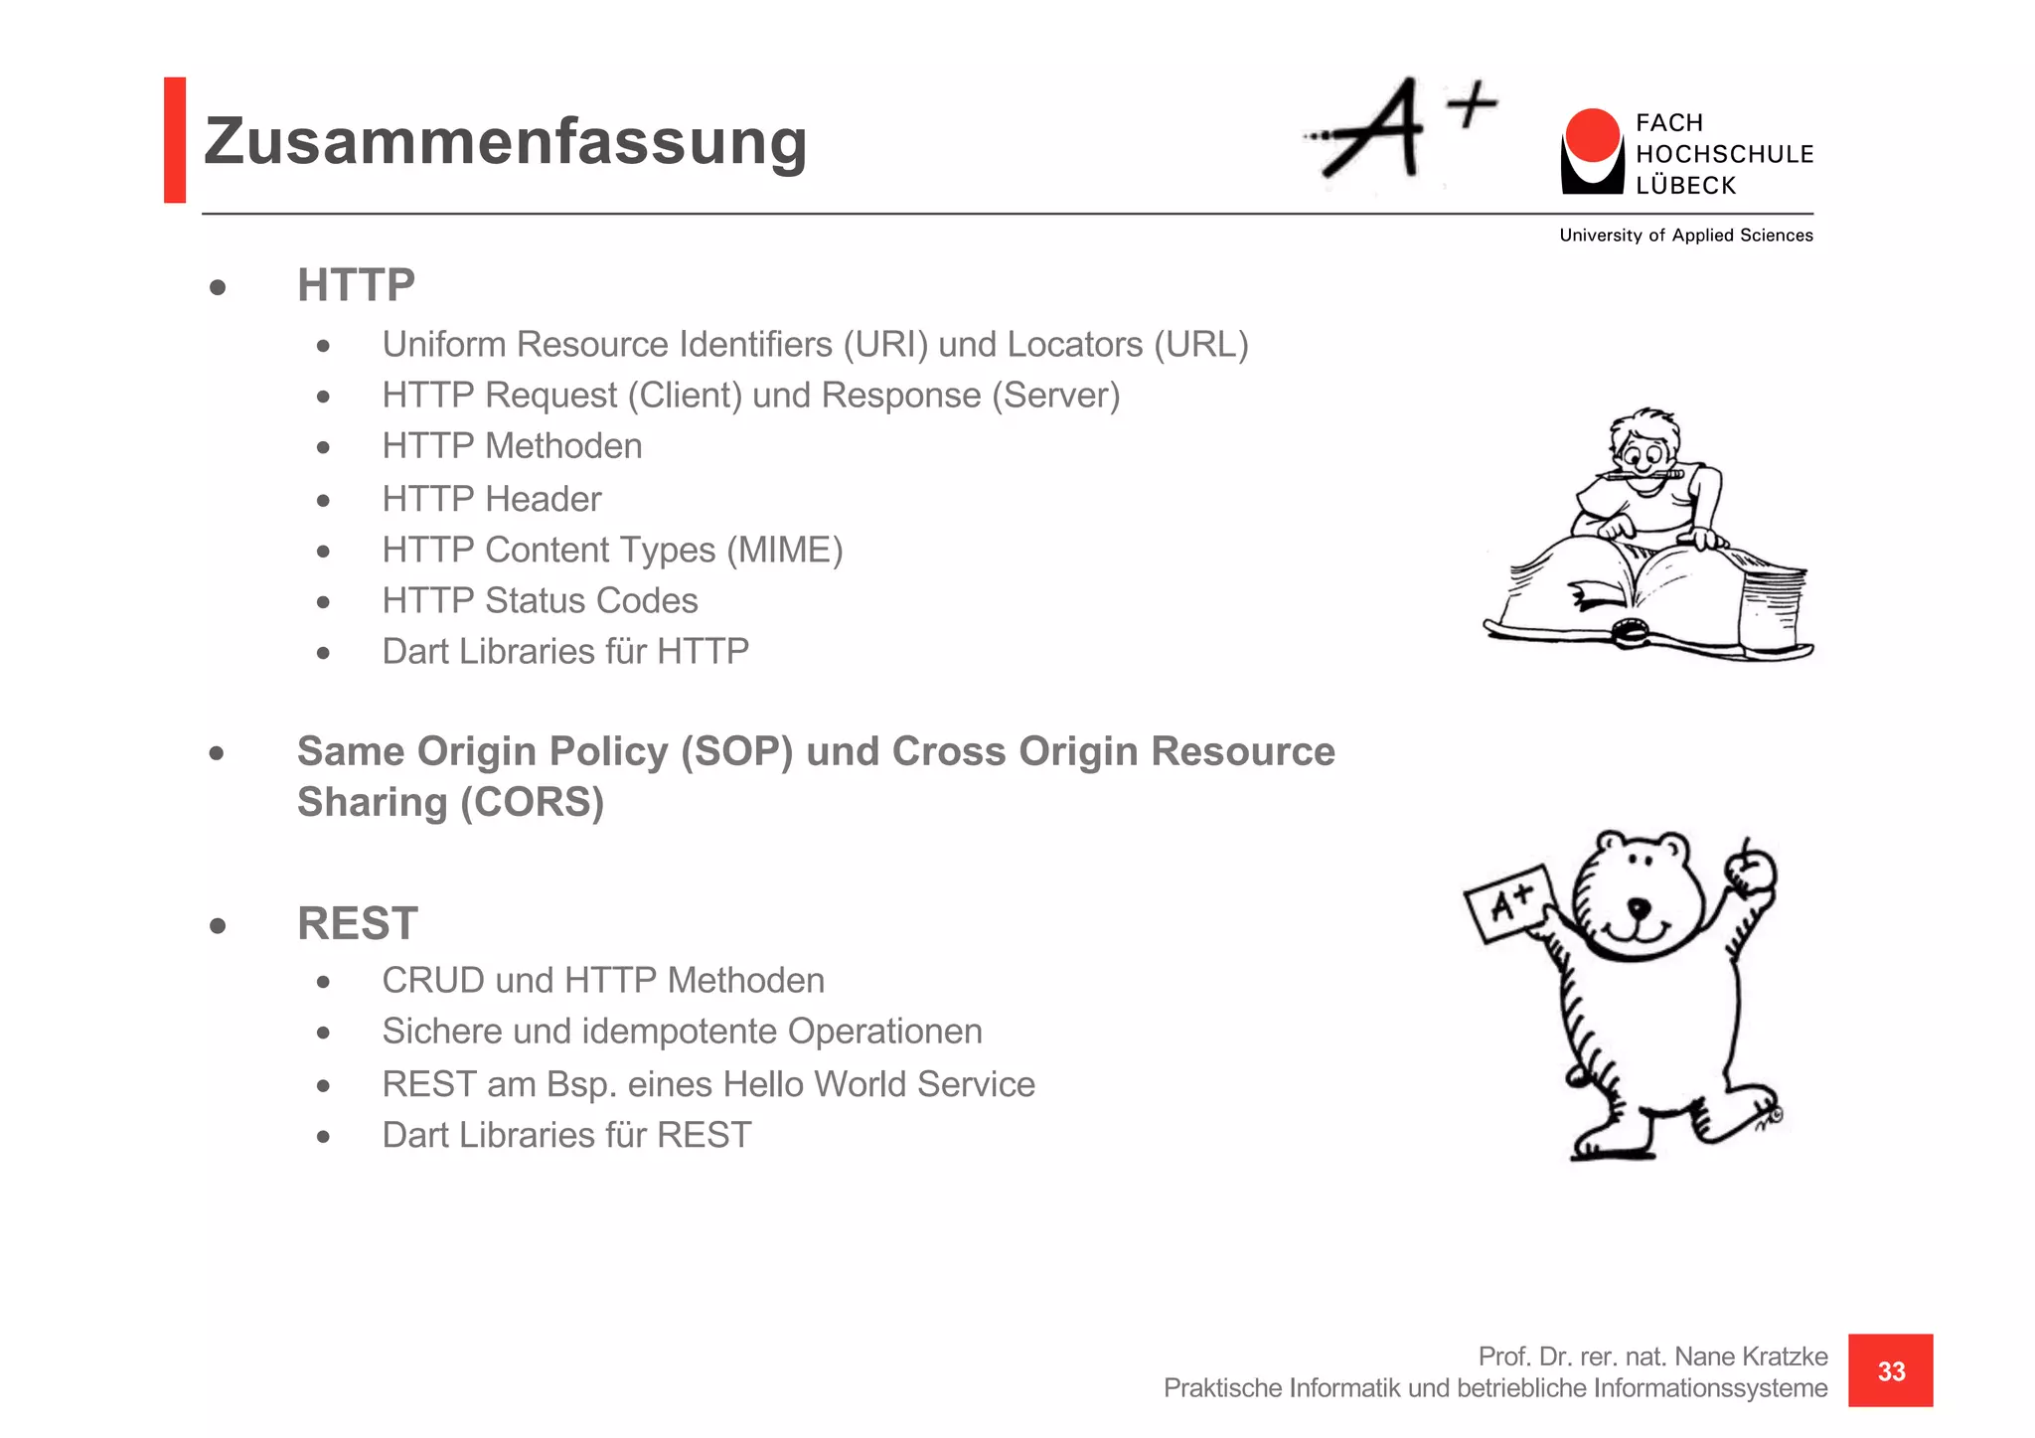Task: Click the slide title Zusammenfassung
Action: [x=505, y=141]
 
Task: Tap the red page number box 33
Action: [x=1890, y=1370]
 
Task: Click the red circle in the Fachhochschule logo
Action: [x=1592, y=135]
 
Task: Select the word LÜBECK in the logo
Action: [x=1685, y=186]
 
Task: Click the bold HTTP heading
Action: [x=356, y=285]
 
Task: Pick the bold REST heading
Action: [x=358, y=923]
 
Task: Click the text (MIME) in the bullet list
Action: [x=784, y=550]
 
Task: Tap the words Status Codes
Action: [x=591, y=600]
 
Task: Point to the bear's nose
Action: [x=1638, y=906]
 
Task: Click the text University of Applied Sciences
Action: [x=1685, y=236]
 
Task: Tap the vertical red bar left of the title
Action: [x=175, y=140]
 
